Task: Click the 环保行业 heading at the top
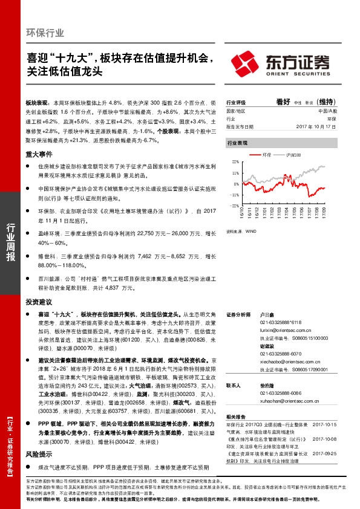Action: click(x=45, y=33)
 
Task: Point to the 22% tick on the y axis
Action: click(x=235, y=162)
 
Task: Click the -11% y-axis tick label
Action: click(x=234, y=195)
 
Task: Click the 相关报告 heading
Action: click(x=236, y=417)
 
